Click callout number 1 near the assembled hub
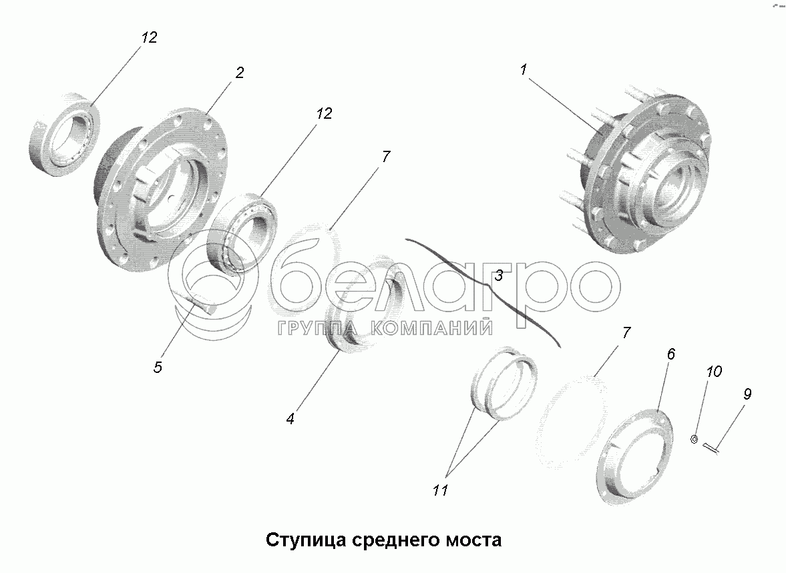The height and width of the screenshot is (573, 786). pos(524,69)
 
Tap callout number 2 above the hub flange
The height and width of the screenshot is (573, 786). pos(240,73)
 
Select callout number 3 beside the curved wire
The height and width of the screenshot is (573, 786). pos(498,275)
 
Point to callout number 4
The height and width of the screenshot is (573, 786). pos(290,418)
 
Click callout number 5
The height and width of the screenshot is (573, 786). pos(158,367)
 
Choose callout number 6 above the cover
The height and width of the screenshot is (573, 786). pos(670,354)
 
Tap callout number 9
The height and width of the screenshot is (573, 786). pos(747,394)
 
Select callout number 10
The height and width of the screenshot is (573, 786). pos(714,371)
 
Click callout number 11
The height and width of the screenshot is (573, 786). pos(440,490)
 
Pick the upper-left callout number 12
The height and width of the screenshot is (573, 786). pos(149,37)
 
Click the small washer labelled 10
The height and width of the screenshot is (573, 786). pos(695,440)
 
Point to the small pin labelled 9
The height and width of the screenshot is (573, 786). pos(711,448)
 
